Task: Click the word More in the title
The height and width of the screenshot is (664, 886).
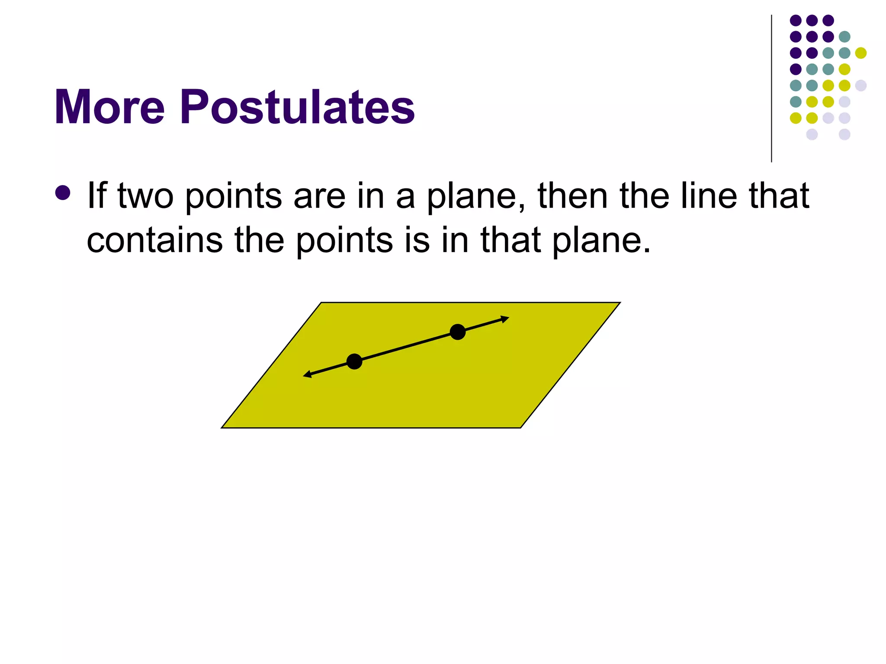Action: coord(109,107)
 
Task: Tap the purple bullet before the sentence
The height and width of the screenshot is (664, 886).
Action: coord(63,193)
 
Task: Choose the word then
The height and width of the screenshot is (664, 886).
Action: coord(572,196)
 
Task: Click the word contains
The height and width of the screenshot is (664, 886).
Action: coord(154,240)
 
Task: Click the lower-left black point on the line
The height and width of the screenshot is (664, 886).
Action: coord(354,361)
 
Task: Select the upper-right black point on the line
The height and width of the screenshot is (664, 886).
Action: coord(458,332)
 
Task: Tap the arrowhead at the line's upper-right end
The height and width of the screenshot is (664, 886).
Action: coord(505,319)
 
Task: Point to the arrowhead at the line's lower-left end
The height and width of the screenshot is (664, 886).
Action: coord(307,374)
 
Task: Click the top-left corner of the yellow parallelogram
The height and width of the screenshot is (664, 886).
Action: coord(321,303)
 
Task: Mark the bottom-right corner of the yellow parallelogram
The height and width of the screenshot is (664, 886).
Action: coord(520,427)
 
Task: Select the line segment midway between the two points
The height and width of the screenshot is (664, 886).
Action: coord(406,347)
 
